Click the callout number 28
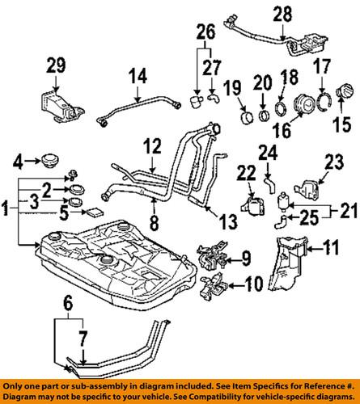point(281,14)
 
